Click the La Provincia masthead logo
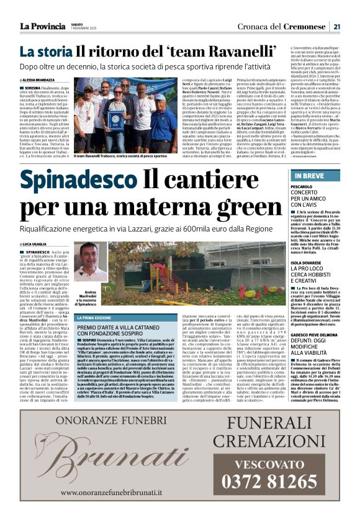(x=42, y=25)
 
